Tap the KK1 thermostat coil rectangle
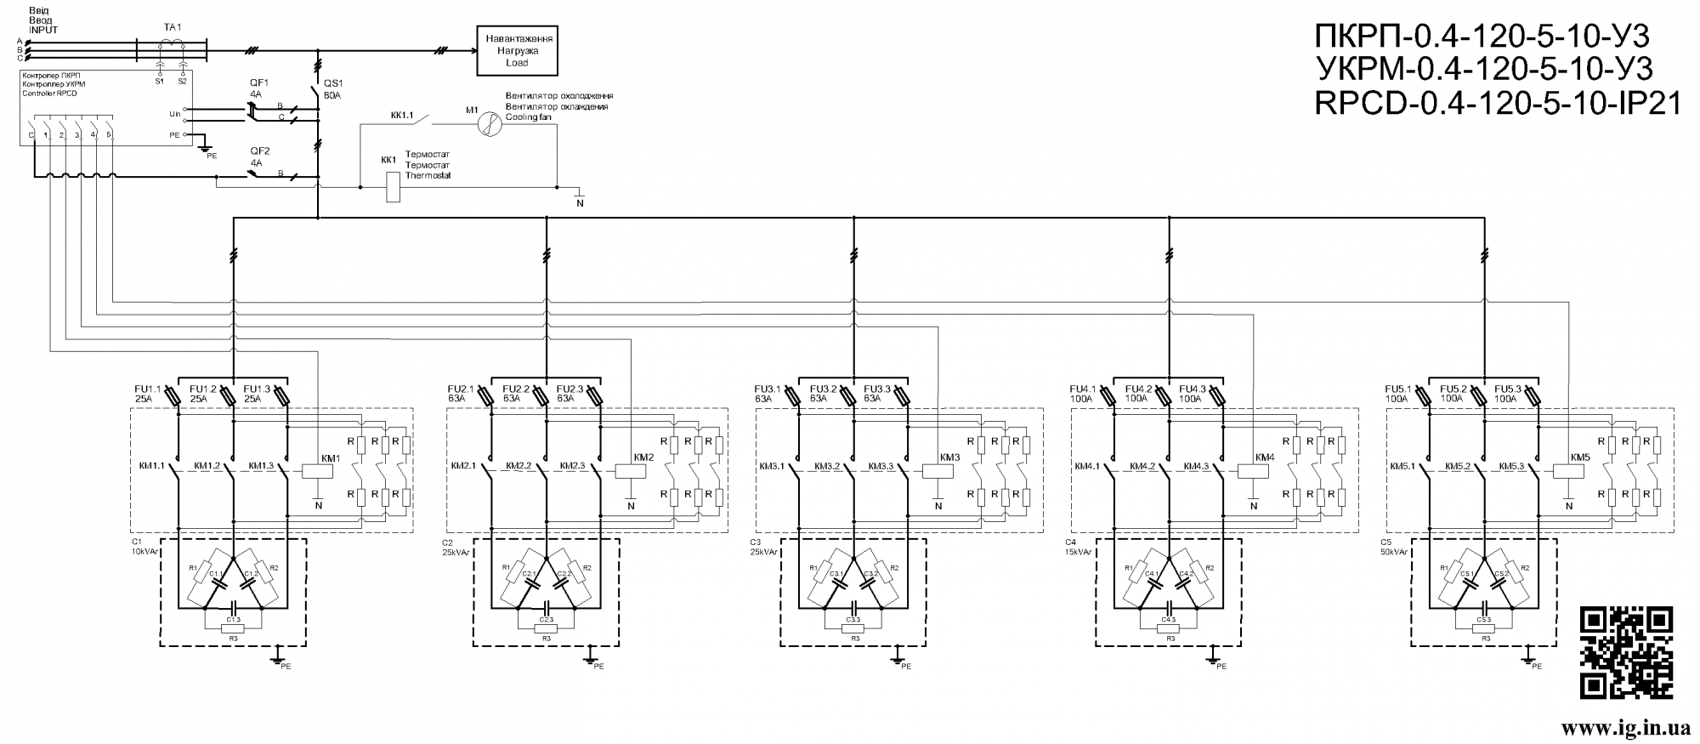click(393, 187)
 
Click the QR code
click(1626, 653)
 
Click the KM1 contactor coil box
click(317, 469)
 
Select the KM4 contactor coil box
click(1253, 469)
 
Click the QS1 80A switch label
click(331, 89)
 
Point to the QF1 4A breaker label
click(258, 88)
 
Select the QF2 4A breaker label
click(258, 156)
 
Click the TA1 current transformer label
click(173, 27)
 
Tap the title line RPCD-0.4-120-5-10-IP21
click(1498, 104)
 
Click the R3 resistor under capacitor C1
click(233, 628)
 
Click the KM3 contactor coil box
click(938, 469)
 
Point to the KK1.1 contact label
click(402, 115)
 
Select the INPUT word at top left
click(42, 30)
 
